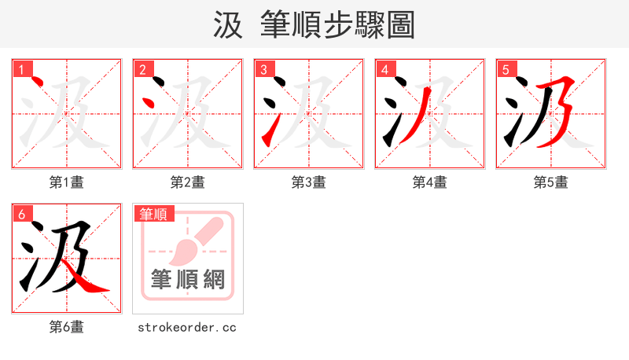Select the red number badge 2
tap(142, 70)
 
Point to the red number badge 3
tap(263, 70)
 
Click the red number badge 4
tap(384, 70)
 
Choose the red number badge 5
tap(506, 70)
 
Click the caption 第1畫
tap(67, 182)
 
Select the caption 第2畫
tap(188, 182)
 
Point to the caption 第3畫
tap(309, 182)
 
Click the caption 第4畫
tap(430, 182)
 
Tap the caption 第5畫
tap(550, 182)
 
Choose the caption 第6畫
tap(67, 327)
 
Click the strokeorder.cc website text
tap(187, 327)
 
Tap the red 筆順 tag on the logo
tap(154, 214)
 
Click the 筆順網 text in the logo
tap(188, 280)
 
